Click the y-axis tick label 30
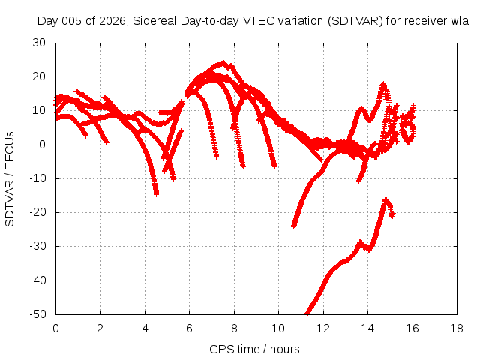coord(39,43)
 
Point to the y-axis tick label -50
coord(37,314)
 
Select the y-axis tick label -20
coord(37,212)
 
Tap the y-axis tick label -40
coord(37,280)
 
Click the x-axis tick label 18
coord(457,328)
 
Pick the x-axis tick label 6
coord(189,328)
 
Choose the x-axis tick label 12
coord(323,328)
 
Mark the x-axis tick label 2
coord(100,328)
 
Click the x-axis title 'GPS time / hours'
coord(254,349)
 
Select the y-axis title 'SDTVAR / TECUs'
coord(10,179)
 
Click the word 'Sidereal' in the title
coord(154,21)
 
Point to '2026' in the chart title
coord(113,21)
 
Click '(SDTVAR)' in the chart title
coord(355,21)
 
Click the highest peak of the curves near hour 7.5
coord(223,62)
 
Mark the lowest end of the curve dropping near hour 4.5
coord(156,193)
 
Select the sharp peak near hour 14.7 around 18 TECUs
coord(383,84)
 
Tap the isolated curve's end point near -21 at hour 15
coord(392,215)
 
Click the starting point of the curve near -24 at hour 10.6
coord(293,226)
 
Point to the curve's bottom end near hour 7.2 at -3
coord(216,157)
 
